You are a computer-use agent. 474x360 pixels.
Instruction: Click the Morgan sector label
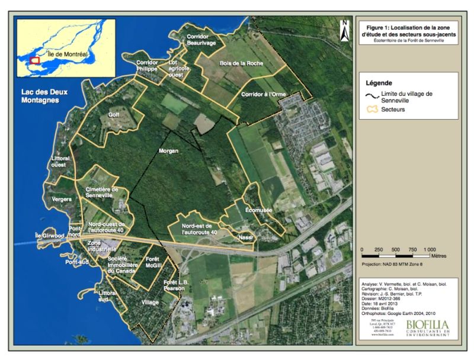(x=169, y=151)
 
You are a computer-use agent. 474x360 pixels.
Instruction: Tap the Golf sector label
(x=114, y=115)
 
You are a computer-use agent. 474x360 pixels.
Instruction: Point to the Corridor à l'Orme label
(x=263, y=95)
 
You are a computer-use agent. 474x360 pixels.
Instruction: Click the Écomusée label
(x=258, y=209)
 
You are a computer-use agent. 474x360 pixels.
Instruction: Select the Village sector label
(x=150, y=302)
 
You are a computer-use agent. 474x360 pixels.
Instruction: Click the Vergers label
(x=62, y=199)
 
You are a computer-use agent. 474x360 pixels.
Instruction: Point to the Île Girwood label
(x=49, y=235)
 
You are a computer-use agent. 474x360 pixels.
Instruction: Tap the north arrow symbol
(x=344, y=32)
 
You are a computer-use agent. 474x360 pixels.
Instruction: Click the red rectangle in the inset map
(x=34, y=60)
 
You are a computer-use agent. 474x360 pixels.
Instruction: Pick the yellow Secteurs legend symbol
(x=372, y=109)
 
